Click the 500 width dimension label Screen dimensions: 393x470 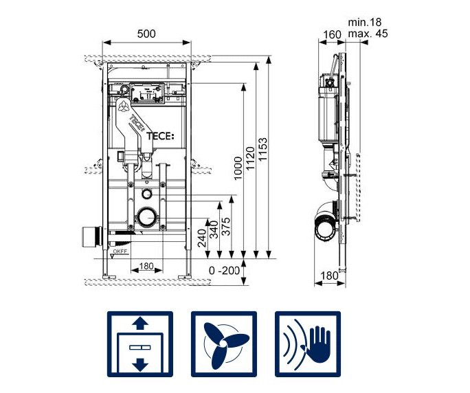coord(145,34)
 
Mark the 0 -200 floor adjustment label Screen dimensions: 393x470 coord(225,270)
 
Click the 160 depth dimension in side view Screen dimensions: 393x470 coord(332,34)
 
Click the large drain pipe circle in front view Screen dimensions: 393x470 coord(146,219)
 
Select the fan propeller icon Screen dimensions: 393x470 coord(223,343)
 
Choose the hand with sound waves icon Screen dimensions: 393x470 coord(307,343)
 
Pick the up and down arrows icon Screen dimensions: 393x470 coord(139,343)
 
